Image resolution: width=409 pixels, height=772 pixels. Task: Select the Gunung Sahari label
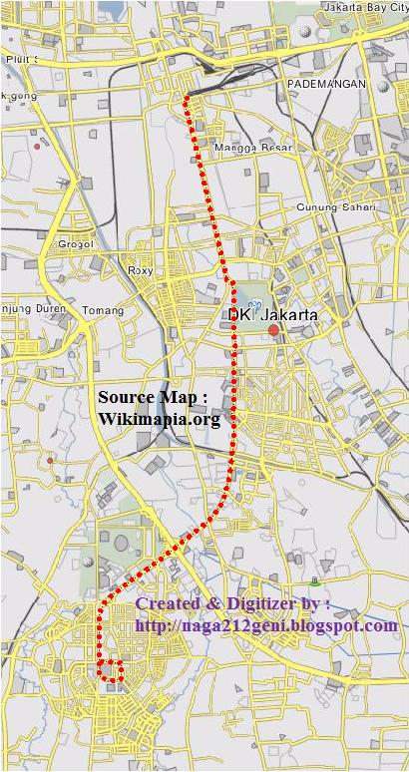[336, 207]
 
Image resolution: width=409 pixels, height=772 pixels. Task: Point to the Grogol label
[75, 243]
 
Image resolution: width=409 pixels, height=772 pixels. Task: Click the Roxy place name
[141, 270]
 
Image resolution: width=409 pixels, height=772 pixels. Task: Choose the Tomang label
[102, 310]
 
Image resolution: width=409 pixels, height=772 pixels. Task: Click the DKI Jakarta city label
[272, 315]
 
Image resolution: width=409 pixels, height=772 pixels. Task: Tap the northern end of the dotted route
[187, 98]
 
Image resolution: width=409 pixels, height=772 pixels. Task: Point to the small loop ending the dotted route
[110, 670]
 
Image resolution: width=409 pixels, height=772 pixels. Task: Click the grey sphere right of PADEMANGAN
[384, 87]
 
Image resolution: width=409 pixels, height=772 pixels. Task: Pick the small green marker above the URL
[315, 580]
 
